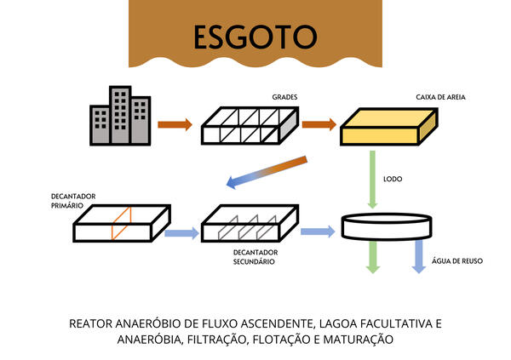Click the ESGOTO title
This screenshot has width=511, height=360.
coord(255,36)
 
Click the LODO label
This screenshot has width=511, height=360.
coord(393,180)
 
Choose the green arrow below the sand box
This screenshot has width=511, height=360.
coord(372,179)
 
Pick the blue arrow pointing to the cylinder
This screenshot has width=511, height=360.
coord(317,231)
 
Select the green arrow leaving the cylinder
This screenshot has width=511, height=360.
coord(372,256)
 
